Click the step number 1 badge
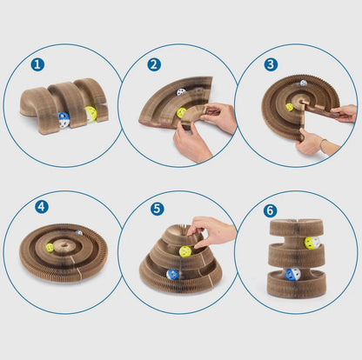click(37, 64)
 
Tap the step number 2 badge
click(154, 64)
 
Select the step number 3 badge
click(271, 64)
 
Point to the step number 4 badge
click(42, 207)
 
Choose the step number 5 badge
click(158, 209)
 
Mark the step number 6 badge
click(271, 210)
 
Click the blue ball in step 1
click(64, 120)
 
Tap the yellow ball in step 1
click(91, 114)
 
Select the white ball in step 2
click(181, 92)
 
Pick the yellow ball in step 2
click(182, 112)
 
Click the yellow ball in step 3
click(289, 107)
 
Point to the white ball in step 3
click(303, 83)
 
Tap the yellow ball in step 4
click(50, 248)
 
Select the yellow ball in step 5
click(185, 251)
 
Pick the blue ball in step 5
click(172, 274)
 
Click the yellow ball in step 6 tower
click(312, 243)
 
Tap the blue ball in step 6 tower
click(292, 274)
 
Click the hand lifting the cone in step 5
click(211, 231)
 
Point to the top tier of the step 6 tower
click(296, 228)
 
